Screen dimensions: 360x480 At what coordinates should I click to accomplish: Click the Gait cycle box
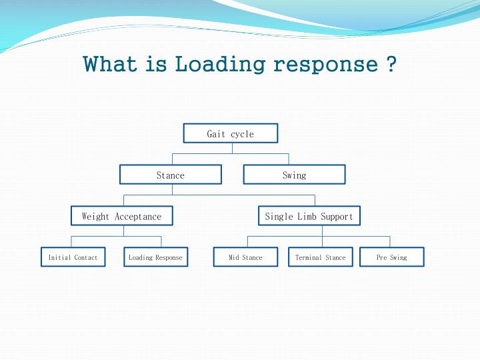231,133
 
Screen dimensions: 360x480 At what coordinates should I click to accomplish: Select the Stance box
171,175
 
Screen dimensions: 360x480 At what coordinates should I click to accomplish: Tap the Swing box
294,175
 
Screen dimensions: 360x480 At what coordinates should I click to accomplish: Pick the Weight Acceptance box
122,216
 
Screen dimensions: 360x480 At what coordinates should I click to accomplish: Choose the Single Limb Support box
309,216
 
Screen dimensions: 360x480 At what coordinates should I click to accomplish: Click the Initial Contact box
73,257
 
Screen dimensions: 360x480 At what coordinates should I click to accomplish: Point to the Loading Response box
155,257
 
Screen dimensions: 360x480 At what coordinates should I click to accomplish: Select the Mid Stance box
245,257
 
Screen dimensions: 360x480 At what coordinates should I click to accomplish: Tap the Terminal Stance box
321,257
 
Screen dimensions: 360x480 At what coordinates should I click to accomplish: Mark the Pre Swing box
391,257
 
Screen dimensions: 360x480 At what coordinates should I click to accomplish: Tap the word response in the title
325,65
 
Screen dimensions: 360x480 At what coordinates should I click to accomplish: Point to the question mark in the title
391,64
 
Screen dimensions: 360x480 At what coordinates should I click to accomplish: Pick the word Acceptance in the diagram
138,216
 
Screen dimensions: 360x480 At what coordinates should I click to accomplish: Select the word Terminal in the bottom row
309,257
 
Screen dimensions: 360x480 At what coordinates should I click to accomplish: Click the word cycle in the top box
242,134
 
